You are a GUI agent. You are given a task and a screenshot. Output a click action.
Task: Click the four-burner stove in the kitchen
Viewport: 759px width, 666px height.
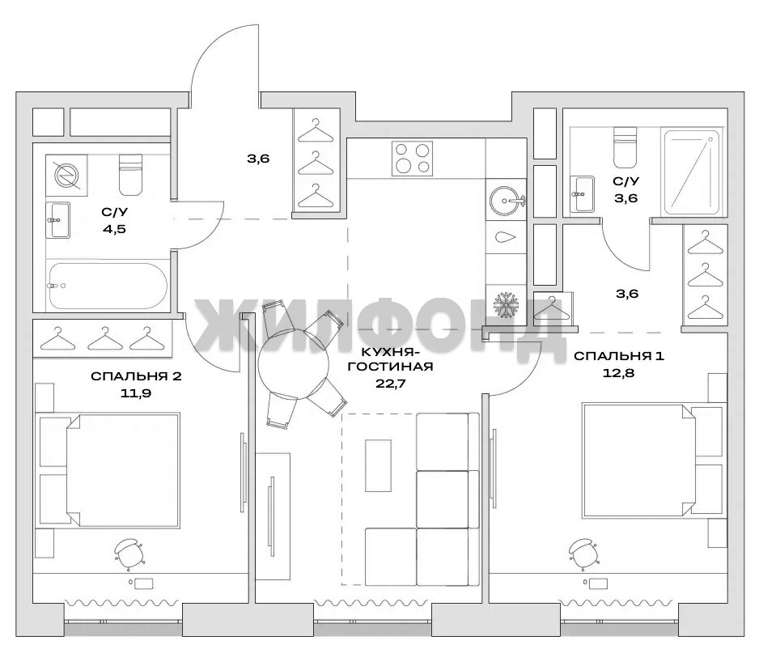412,159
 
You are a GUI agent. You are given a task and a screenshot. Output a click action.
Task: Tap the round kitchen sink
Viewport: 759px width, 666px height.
507,199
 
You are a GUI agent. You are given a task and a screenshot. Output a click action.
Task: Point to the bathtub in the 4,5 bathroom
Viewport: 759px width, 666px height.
107,286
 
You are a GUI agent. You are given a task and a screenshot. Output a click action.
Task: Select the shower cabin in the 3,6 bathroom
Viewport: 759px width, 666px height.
693,172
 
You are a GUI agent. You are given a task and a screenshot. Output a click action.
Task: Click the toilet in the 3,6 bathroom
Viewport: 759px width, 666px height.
625,146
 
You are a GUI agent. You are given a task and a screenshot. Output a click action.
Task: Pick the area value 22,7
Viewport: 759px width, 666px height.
390,384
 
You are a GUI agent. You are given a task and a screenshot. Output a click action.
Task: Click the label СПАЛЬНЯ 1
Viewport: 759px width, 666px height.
619,356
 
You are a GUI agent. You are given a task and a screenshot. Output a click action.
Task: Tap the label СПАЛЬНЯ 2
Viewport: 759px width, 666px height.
136,376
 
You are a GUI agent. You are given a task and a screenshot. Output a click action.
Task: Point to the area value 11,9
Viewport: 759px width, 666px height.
136,393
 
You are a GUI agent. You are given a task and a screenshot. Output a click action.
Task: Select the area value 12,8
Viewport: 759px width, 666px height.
619,373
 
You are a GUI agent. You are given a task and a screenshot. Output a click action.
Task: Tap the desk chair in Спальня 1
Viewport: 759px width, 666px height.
583,552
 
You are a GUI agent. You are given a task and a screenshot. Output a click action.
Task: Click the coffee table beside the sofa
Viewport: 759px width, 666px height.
378,465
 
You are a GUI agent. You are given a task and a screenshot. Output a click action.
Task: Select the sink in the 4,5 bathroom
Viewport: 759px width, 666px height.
58,220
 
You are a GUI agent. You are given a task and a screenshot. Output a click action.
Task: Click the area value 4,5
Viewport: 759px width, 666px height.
114,229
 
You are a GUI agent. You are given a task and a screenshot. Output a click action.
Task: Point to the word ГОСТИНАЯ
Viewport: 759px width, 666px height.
390,367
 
